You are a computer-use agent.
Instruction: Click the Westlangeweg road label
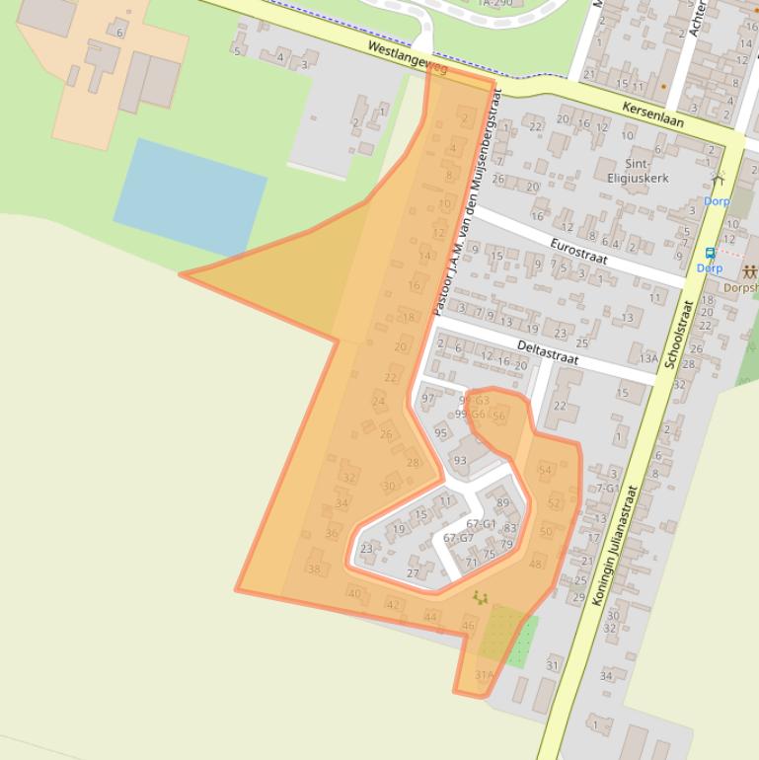[407, 59]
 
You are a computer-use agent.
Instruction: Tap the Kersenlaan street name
[653, 114]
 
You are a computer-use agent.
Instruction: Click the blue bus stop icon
[709, 253]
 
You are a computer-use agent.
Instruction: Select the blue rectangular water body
[190, 195]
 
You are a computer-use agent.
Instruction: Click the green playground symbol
[481, 597]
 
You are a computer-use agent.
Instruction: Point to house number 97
[428, 399]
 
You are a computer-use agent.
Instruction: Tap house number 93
[460, 460]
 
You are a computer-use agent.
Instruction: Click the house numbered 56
[498, 416]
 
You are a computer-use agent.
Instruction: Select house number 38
[314, 569]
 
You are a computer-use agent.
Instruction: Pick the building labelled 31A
[484, 675]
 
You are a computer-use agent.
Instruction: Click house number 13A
[647, 358]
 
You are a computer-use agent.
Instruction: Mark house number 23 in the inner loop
[366, 549]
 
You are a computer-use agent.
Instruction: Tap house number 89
[502, 503]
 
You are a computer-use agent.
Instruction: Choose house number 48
[536, 564]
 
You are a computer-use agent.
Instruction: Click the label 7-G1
[605, 488]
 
